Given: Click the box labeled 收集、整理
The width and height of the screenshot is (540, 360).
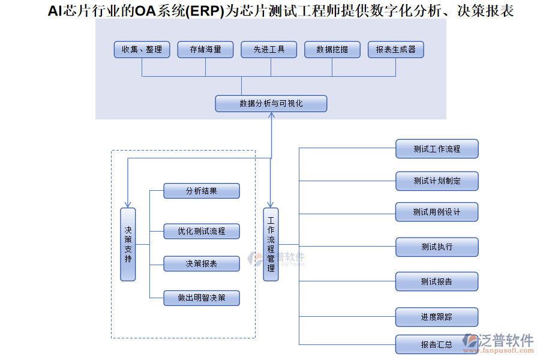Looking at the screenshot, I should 142,49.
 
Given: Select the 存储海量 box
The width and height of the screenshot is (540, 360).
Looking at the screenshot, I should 205,49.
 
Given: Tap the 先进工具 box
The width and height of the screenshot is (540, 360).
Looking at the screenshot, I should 269,49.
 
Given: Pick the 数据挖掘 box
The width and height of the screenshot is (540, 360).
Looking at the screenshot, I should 332,49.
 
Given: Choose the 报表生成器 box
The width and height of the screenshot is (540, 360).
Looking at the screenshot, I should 396,49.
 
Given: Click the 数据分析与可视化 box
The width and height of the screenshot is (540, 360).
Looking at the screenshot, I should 271,103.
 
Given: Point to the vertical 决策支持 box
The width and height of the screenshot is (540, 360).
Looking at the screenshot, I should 128,244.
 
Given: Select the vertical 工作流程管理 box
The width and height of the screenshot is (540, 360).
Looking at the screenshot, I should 271,244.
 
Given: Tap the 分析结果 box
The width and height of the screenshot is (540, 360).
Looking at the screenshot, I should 202,191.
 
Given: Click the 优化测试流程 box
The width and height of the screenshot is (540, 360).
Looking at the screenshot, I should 202,231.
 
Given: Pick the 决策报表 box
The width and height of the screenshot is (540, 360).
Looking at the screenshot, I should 202,263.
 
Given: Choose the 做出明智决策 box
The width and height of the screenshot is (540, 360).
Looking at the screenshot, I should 202,298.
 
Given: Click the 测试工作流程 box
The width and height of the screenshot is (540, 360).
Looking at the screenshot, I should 437,149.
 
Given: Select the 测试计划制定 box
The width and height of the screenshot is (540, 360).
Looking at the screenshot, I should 437,181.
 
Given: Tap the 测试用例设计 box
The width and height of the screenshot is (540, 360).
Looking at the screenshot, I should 437,212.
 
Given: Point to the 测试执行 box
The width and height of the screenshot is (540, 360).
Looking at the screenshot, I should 437,247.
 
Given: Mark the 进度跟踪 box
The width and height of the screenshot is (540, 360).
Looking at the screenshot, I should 437,317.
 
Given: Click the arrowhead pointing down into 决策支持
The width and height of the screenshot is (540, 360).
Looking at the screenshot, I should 128,204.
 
